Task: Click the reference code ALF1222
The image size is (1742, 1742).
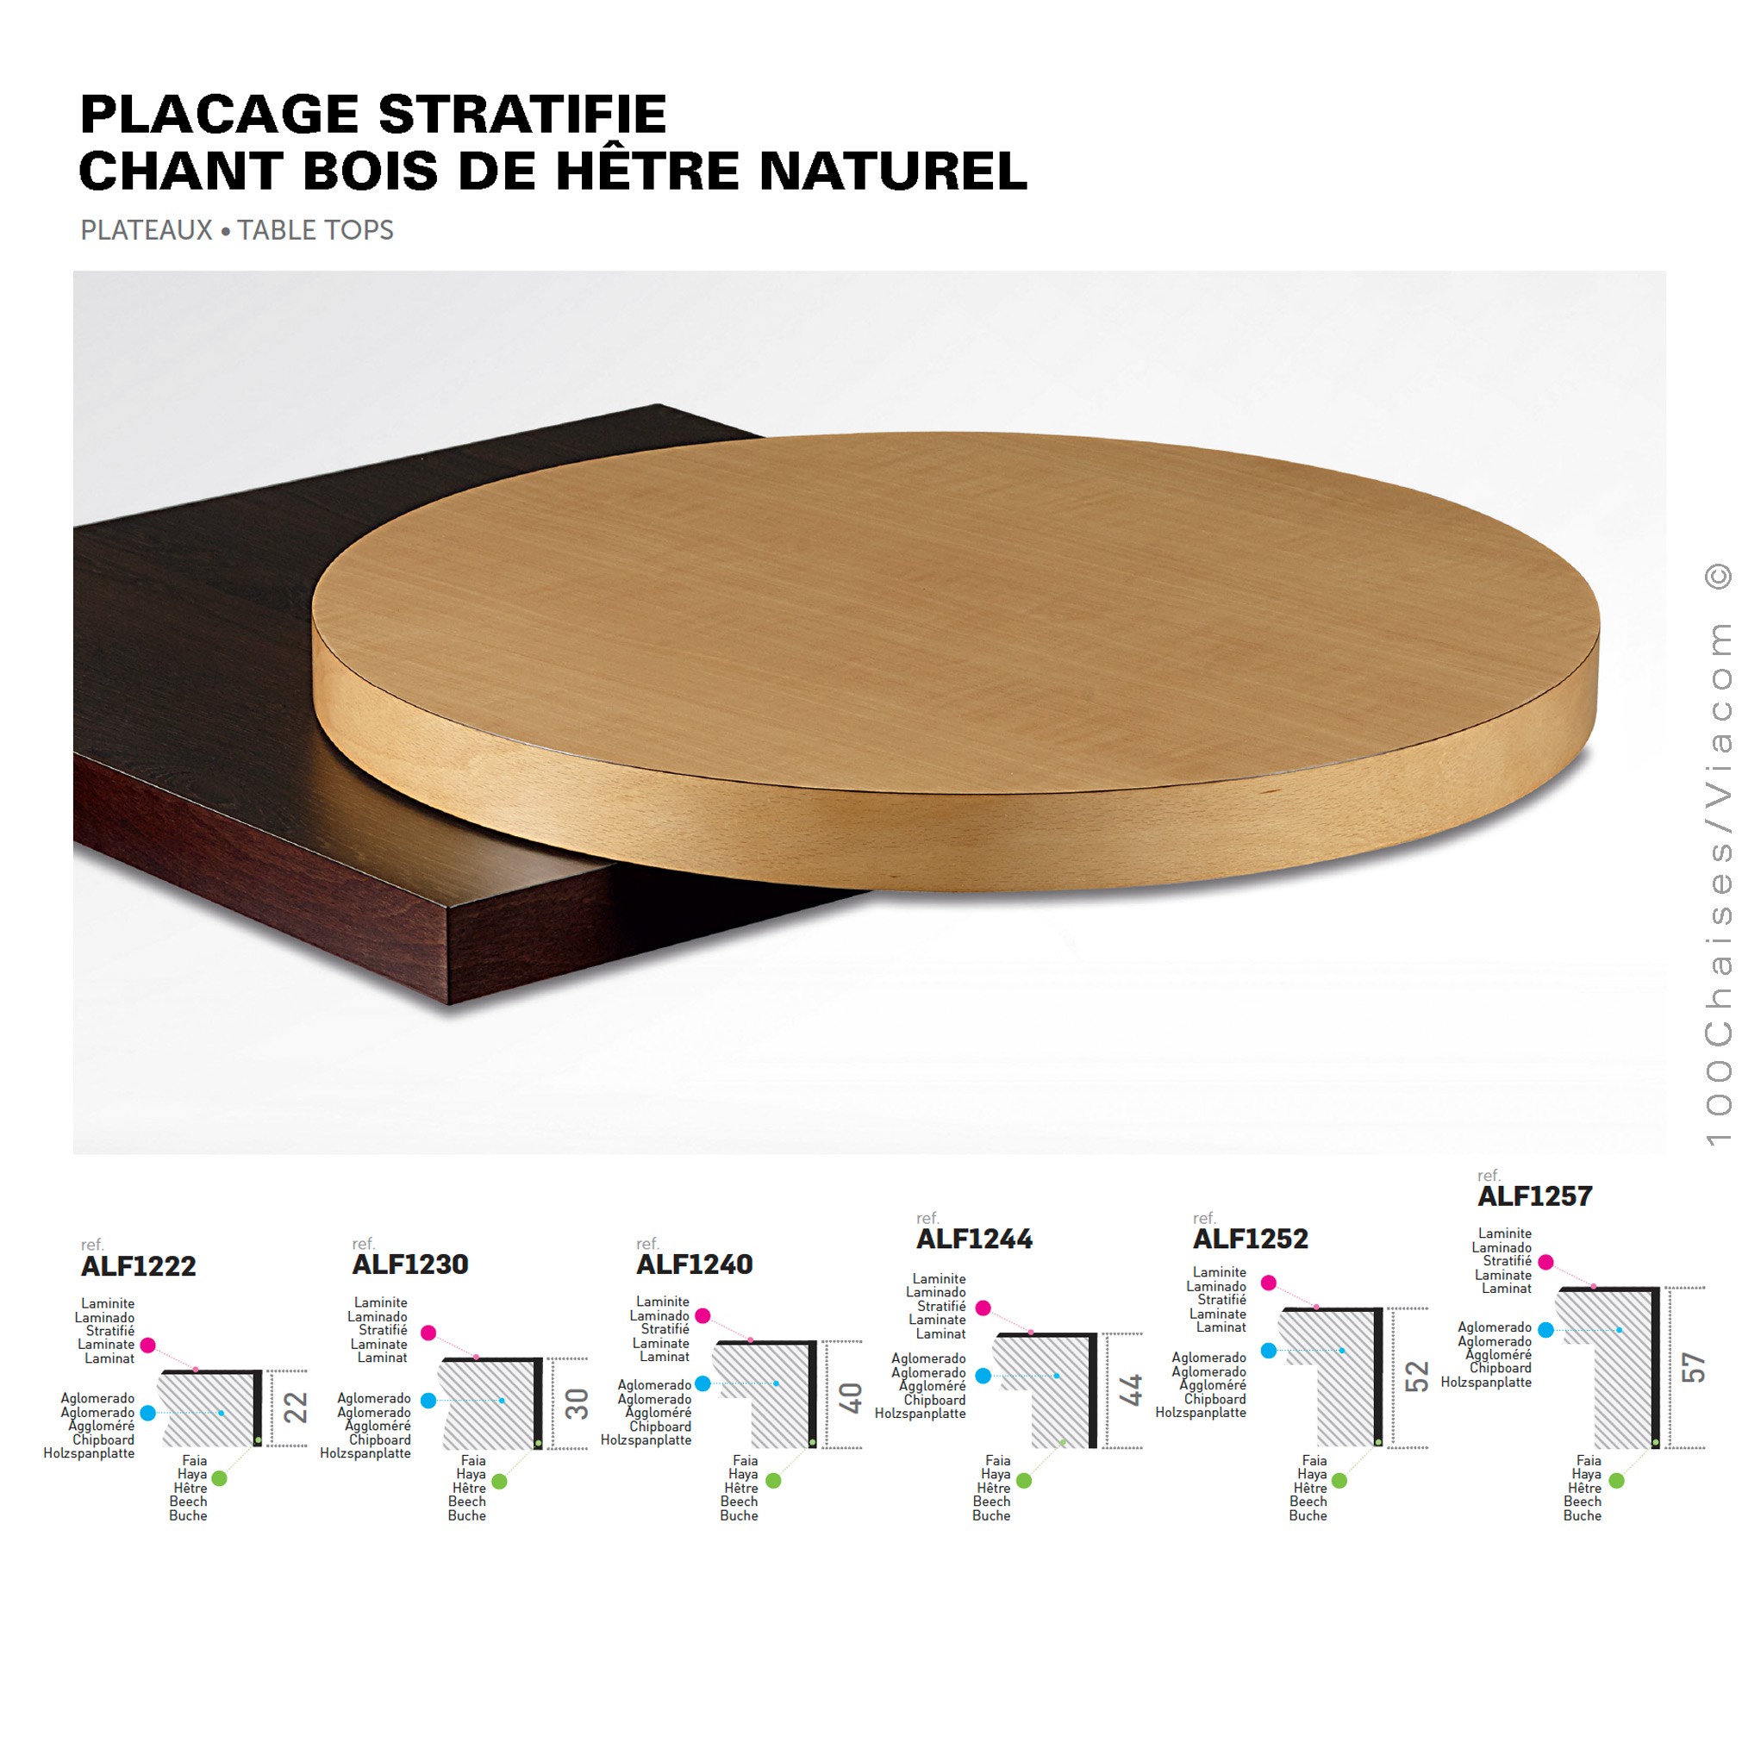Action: coord(138,1266)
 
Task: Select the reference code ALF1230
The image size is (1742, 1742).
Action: coord(410,1264)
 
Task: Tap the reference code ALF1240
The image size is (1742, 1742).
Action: coord(694,1264)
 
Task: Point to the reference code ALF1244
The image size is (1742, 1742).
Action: coord(975,1239)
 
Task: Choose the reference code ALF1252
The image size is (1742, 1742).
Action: coord(1251,1239)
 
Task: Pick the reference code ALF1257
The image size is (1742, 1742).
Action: coord(1535,1196)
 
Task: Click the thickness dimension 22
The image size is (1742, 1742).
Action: coord(296,1408)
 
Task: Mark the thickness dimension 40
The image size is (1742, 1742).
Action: coord(850,1397)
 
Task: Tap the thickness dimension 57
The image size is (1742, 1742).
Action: coord(1694,1368)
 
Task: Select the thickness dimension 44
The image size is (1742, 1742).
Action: coord(1131,1389)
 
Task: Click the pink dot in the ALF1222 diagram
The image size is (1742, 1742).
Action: coord(149,1346)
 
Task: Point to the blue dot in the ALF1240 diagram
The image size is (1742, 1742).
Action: coord(703,1383)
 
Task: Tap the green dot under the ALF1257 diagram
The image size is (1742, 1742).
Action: coord(1617,1481)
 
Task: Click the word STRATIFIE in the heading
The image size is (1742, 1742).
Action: coord(522,115)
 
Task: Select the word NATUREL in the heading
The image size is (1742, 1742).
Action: coord(894,171)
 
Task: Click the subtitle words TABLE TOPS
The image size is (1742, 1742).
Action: coord(315,230)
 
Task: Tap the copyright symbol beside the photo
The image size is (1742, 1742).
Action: coord(1719,575)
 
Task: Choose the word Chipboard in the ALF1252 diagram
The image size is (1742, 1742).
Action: coord(1214,1398)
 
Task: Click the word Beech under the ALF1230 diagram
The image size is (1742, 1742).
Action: coord(467,1502)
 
